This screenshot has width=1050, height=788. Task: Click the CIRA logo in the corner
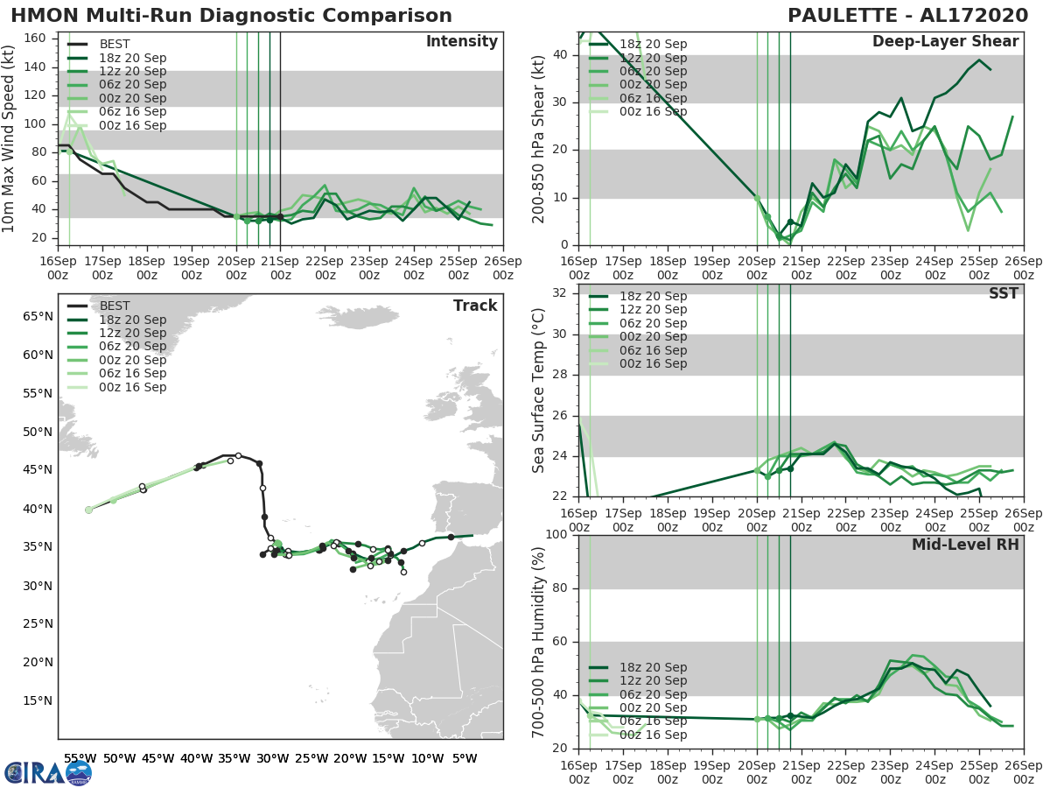48,771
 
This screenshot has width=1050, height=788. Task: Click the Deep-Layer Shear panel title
945,42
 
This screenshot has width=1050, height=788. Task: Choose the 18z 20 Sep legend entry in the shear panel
652,44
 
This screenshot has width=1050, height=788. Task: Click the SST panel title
1003,293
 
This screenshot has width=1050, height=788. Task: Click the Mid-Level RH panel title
965,545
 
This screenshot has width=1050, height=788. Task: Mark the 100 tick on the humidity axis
556,535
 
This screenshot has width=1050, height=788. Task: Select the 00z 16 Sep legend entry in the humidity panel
652,735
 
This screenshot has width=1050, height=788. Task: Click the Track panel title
475,306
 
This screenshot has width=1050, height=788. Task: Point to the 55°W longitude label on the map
80,759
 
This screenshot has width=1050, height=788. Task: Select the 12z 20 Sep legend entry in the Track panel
132,333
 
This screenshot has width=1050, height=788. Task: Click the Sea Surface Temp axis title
539,396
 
